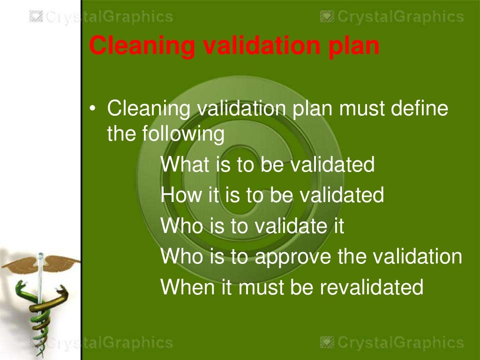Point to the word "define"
(x=420, y=109)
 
